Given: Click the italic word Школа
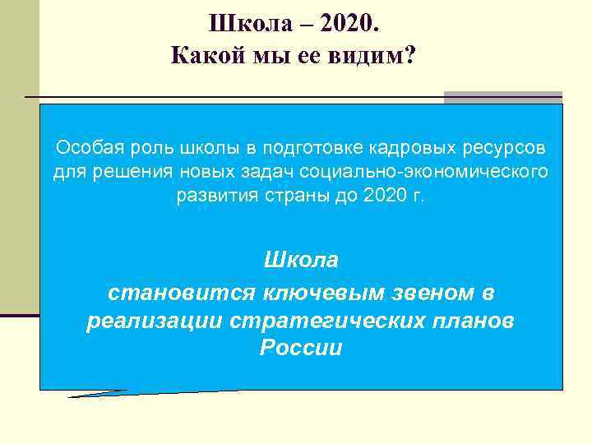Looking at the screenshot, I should pos(301,261).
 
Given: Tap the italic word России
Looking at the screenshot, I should pos(301,348).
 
